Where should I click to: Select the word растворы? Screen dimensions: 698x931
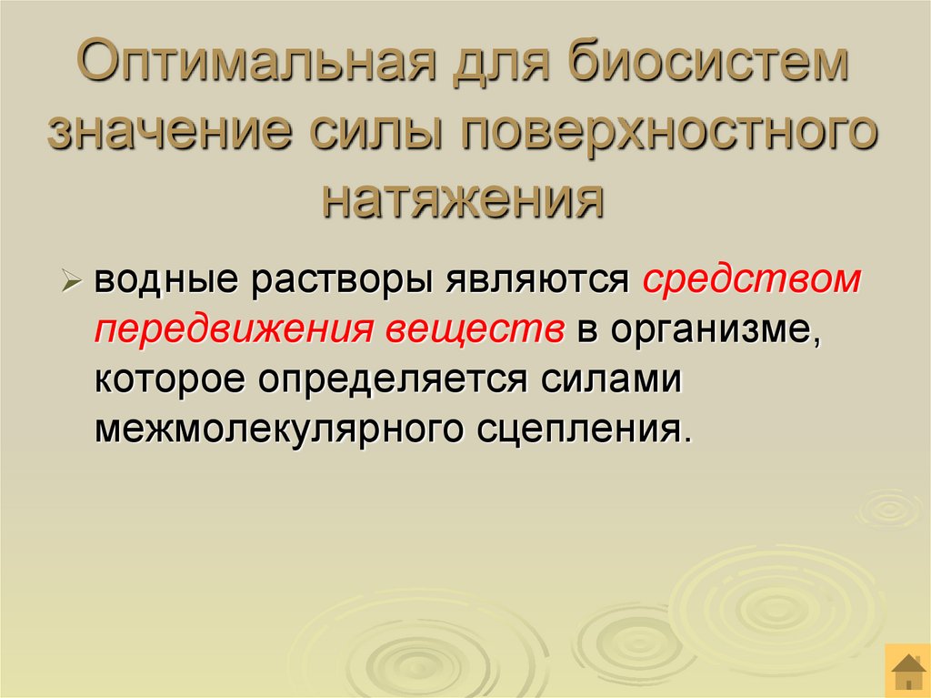341,281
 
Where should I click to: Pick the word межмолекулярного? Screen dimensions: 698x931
273,428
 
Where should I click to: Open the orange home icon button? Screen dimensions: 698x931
906,673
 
